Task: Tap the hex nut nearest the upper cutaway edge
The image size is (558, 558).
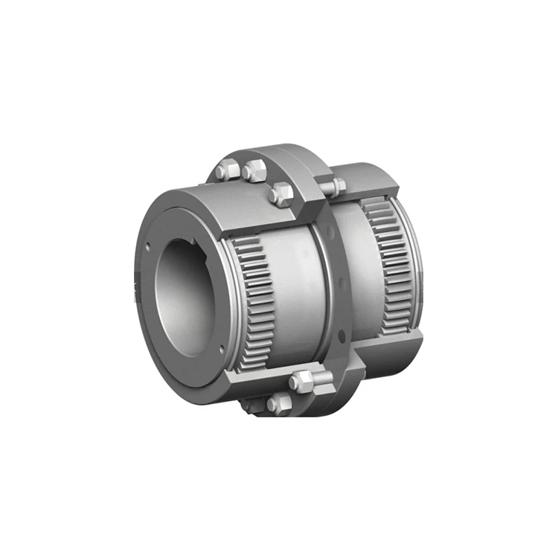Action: point(282,195)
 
